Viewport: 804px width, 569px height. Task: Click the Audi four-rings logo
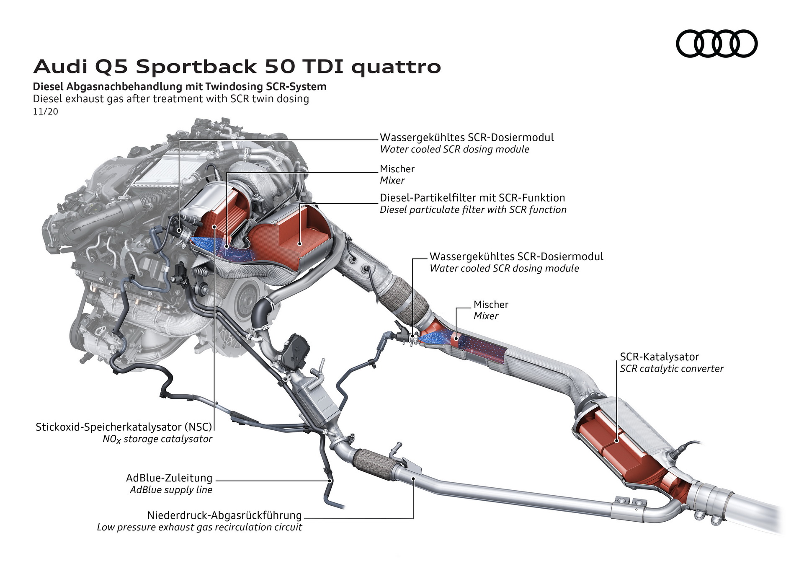(716, 44)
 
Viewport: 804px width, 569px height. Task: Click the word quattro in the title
(396, 67)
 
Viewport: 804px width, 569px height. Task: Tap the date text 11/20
(45, 112)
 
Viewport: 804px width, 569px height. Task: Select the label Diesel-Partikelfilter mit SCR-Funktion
(472, 198)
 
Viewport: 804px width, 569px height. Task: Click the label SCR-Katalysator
(659, 357)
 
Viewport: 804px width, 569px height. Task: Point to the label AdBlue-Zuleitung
(169, 478)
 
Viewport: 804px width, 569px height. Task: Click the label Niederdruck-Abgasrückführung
(224, 515)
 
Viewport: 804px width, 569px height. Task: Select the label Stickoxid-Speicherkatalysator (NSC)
(124, 427)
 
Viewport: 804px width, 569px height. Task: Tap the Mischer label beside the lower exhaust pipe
(490, 305)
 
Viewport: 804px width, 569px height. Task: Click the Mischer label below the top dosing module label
(397, 169)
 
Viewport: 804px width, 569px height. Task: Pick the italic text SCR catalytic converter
(671, 369)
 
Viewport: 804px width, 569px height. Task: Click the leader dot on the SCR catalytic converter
(616, 440)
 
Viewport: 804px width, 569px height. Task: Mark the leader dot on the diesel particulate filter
(300, 243)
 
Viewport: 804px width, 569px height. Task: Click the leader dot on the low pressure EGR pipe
(413, 478)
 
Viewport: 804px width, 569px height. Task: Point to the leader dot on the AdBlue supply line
(330, 481)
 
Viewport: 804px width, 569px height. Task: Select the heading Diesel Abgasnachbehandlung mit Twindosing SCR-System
(180, 87)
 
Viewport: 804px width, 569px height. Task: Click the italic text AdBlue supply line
(171, 490)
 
